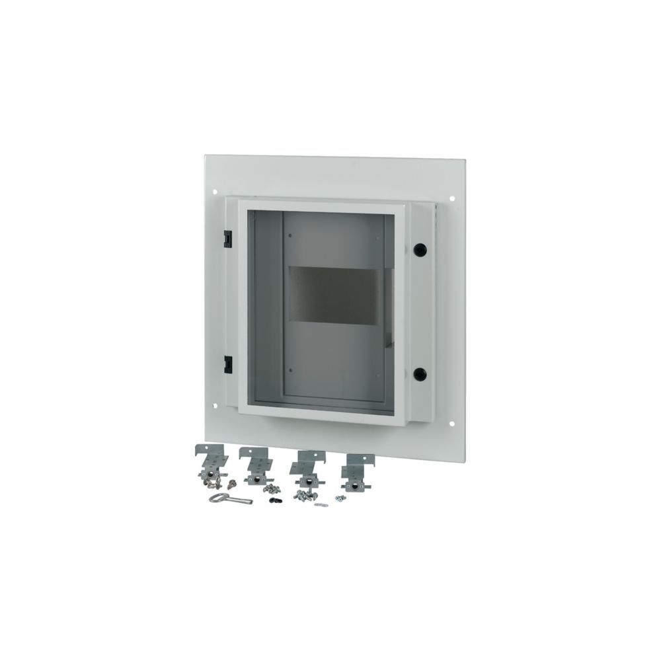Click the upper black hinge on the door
[x=227, y=236]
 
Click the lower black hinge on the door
[x=227, y=362]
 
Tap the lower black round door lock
[x=419, y=374]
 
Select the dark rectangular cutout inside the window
[x=338, y=294]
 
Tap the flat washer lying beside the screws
[x=321, y=506]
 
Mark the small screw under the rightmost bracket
[x=340, y=498]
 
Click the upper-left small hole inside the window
[x=290, y=235]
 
